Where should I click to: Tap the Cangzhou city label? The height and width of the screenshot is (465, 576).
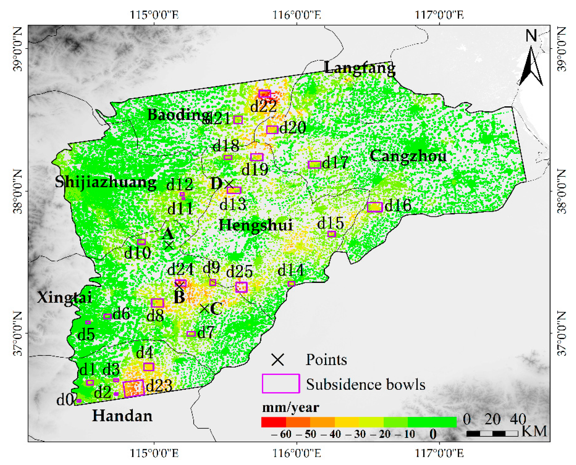click(408, 156)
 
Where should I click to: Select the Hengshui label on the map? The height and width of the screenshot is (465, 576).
click(255, 225)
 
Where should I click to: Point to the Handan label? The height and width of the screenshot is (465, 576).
click(122, 416)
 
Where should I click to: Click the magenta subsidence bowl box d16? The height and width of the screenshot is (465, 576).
click(374, 207)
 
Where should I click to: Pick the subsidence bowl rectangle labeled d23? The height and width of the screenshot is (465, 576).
click(134, 388)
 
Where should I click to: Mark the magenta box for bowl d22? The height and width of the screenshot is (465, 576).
click(265, 94)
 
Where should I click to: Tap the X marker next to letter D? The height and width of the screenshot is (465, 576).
click(229, 184)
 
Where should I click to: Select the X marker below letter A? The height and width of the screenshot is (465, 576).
click(169, 245)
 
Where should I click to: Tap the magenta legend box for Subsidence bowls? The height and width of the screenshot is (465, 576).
click(281, 384)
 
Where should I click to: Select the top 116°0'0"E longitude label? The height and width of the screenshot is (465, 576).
click(297, 15)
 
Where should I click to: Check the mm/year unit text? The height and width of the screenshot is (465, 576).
click(291, 407)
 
